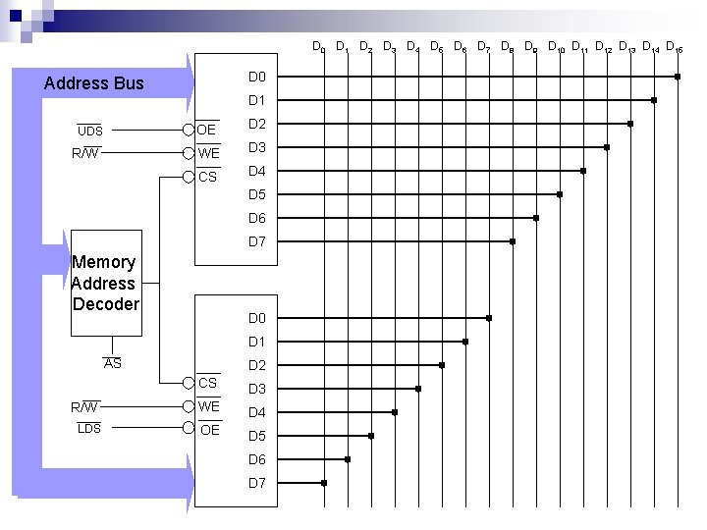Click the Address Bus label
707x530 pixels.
(94, 83)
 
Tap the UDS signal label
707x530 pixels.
(90, 131)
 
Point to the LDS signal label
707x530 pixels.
(89, 428)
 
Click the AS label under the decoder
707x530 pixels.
(113, 364)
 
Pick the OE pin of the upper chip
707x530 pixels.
(207, 130)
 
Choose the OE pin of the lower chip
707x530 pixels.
(209, 430)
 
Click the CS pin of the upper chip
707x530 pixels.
(207, 177)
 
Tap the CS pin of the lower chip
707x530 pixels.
(208, 382)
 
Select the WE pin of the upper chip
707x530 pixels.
(208, 153)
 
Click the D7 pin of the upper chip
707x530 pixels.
(257, 241)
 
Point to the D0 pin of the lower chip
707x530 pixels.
(257, 318)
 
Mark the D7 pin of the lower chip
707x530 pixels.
(257, 483)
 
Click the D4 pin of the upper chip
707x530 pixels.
(257, 172)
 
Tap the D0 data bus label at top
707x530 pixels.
(318, 47)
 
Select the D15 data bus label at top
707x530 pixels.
(674, 47)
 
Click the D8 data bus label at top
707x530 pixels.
(507, 47)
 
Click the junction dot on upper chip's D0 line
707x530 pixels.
(678, 77)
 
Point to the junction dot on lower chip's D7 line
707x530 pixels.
(324, 483)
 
